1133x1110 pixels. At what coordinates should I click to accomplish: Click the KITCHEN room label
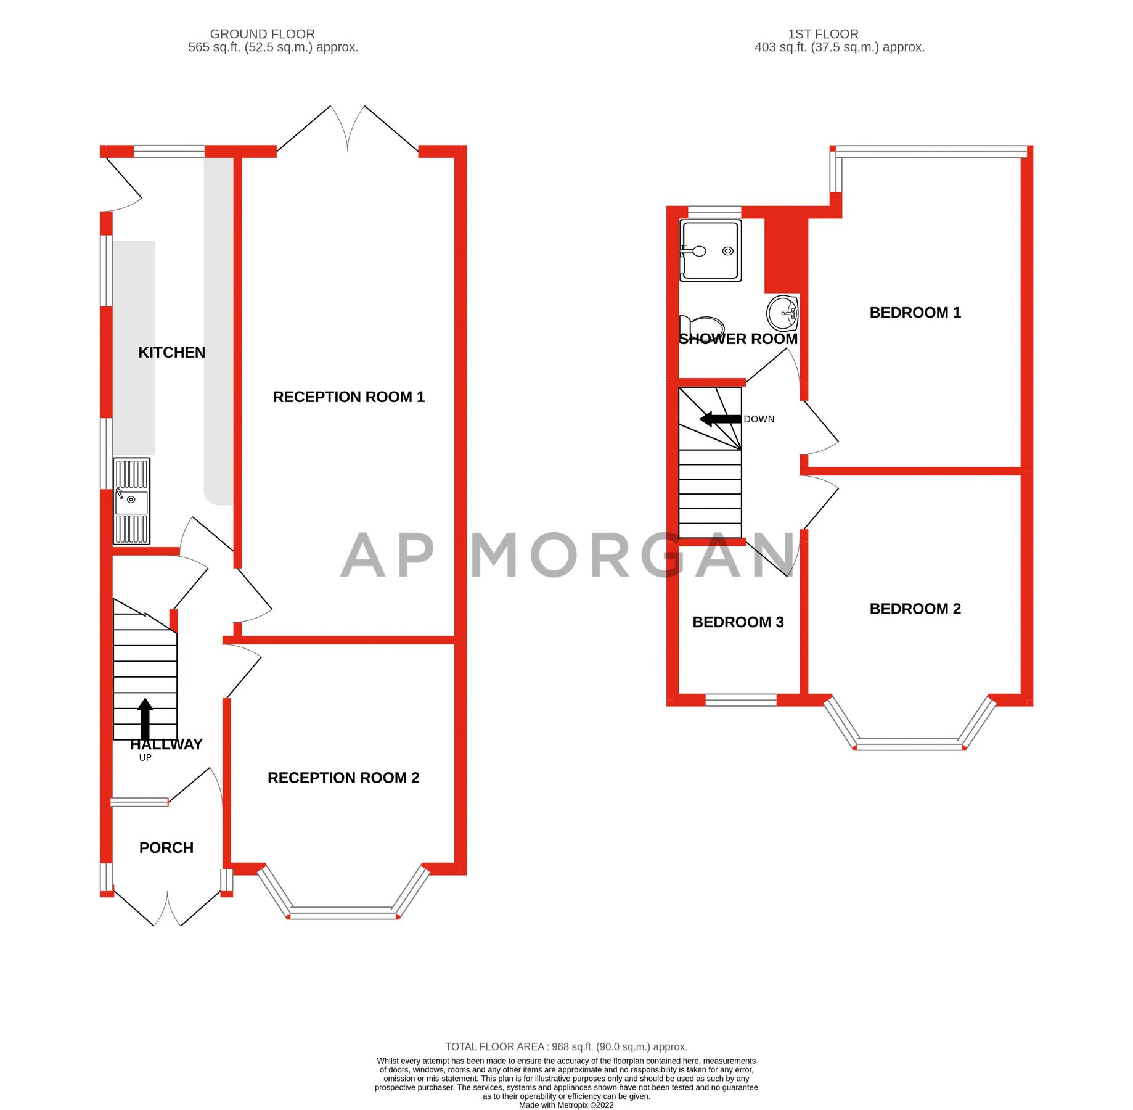[171, 352]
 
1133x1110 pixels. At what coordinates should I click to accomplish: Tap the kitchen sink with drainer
[131, 501]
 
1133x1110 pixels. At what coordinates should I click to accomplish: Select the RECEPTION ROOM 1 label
[348, 397]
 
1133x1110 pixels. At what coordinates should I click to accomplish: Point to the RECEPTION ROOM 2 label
[343, 778]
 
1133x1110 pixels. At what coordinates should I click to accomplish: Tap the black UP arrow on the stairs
[145, 718]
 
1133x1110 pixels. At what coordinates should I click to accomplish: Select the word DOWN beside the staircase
[759, 419]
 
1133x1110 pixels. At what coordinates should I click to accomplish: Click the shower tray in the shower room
[710, 250]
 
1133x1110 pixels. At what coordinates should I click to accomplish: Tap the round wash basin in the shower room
[782, 313]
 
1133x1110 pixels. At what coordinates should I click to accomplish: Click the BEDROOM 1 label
[915, 312]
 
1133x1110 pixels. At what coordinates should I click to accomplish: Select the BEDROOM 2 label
[915, 609]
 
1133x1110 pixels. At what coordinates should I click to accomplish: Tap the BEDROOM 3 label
[738, 622]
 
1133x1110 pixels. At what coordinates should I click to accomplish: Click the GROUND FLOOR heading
[262, 34]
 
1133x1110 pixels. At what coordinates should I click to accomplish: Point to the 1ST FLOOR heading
[823, 34]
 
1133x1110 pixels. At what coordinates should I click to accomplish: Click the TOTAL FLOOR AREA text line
[566, 1046]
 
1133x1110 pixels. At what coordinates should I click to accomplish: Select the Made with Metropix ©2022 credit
[566, 1105]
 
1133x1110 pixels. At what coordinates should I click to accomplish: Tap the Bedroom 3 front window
[740, 699]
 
